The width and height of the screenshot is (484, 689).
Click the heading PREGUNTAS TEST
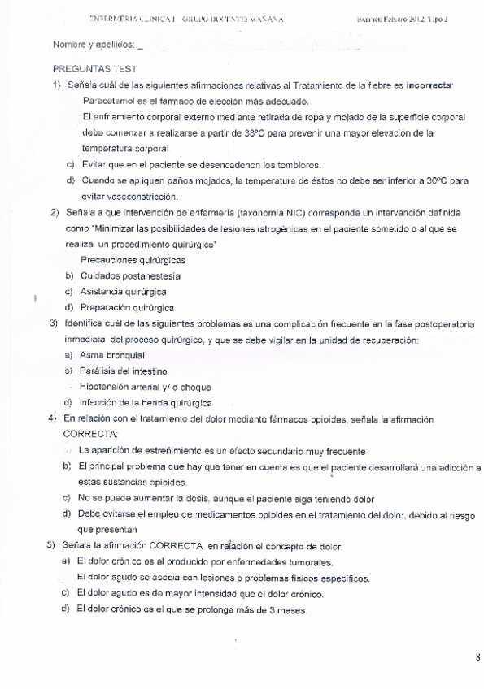94,71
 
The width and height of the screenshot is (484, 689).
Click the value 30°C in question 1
432,180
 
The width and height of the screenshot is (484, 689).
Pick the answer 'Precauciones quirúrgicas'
133,260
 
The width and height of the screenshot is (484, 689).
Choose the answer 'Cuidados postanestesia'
130,275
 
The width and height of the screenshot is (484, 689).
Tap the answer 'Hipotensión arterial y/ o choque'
146,387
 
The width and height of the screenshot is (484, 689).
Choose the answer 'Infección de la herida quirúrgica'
146,402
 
